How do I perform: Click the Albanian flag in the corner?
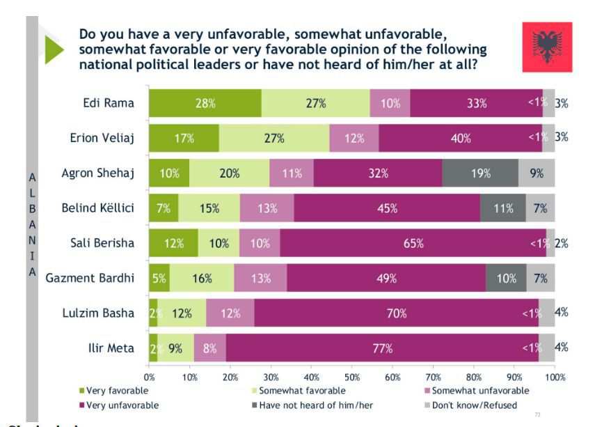pyautogui.click(x=547, y=47)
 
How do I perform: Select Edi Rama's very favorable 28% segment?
pyautogui.click(x=205, y=103)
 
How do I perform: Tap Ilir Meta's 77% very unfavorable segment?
pyautogui.click(x=382, y=348)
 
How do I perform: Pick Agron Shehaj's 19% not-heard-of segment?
pyautogui.click(x=480, y=173)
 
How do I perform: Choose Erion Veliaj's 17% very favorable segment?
pyautogui.click(x=184, y=138)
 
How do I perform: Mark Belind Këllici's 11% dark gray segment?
pyautogui.click(x=503, y=208)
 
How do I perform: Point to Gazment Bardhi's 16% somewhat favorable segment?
pyautogui.click(x=202, y=278)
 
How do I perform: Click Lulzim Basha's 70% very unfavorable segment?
pyautogui.click(x=396, y=313)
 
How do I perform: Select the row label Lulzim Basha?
pyautogui.click(x=98, y=313)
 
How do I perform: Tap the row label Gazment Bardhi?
pyautogui.click(x=90, y=278)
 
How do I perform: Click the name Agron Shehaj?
pyautogui.click(x=98, y=173)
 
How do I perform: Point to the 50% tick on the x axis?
pyautogui.click(x=352, y=377)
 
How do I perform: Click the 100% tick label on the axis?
pyautogui.click(x=555, y=377)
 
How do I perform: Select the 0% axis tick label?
pyautogui.click(x=150, y=377)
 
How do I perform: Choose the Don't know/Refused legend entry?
pyautogui.click(x=475, y=405)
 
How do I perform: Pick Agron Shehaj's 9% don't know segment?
pyautogui.click(x=537, y=173)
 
